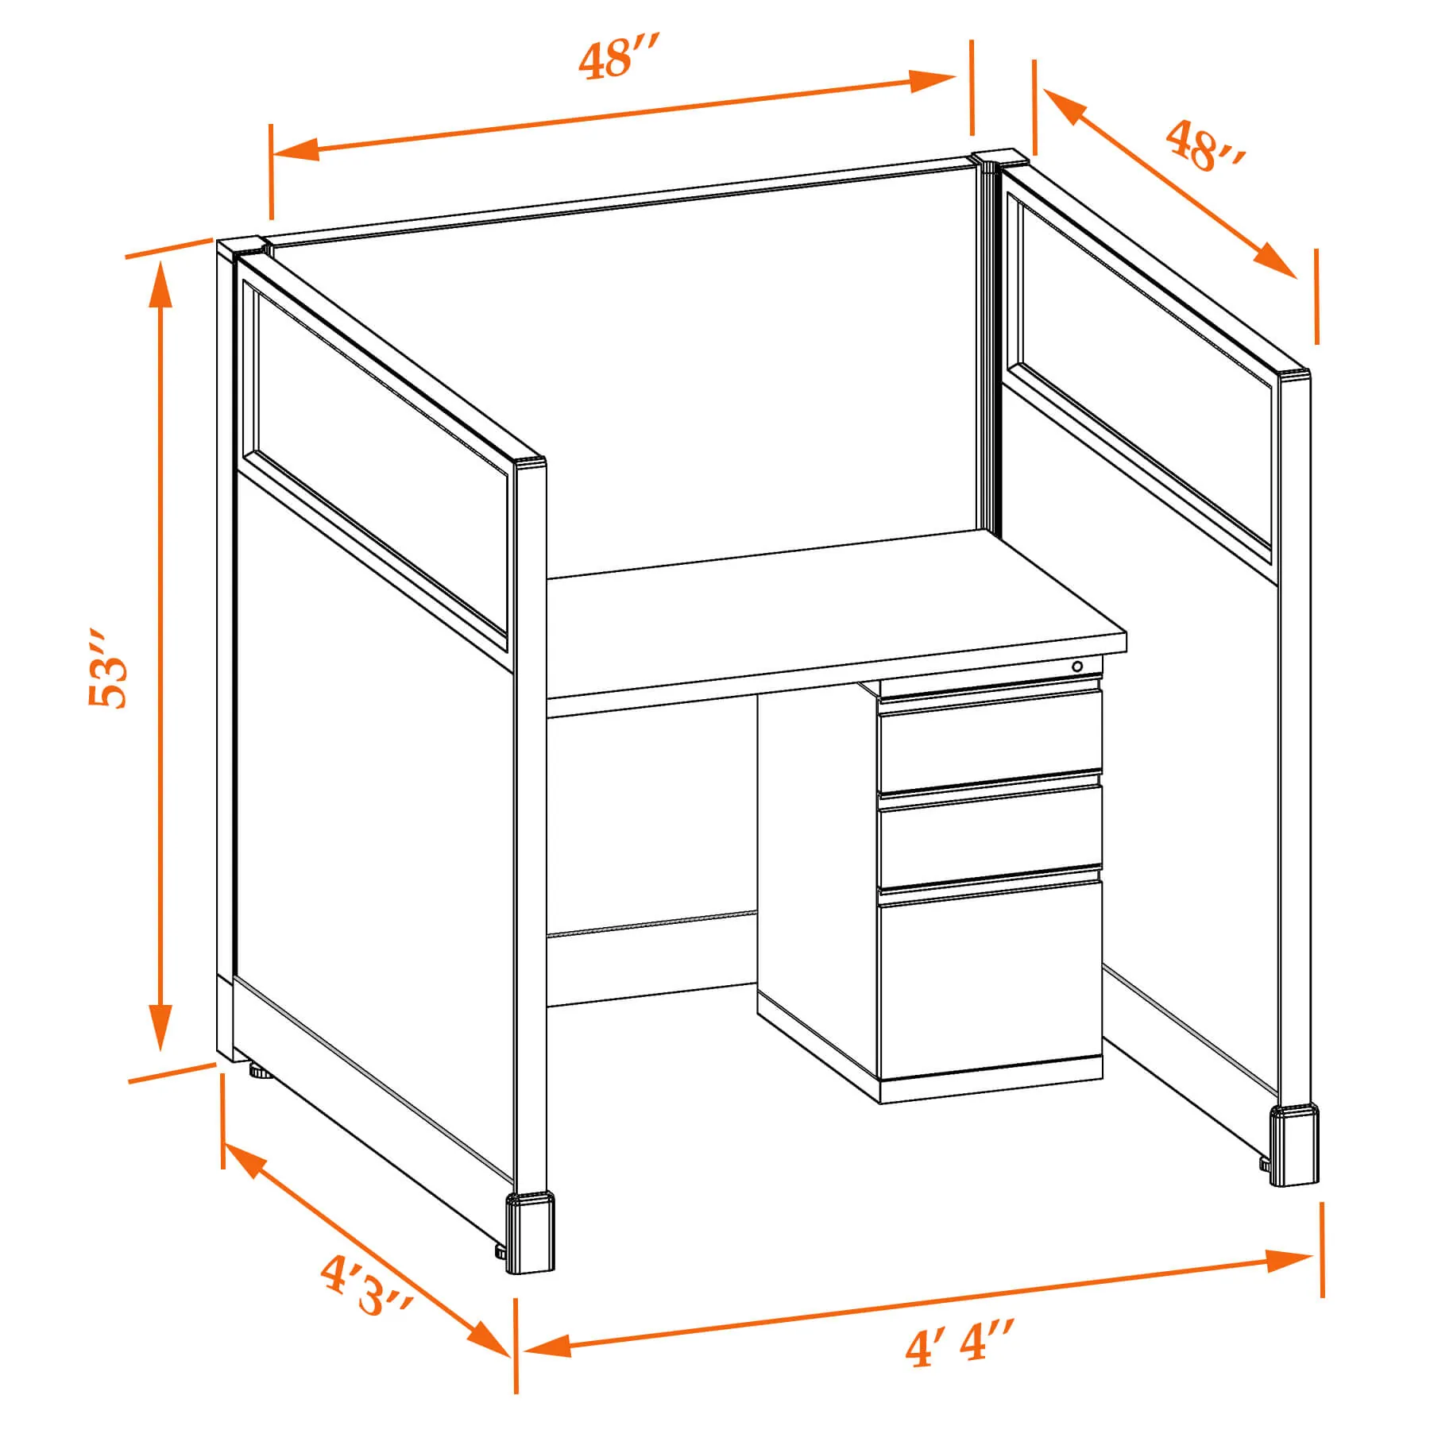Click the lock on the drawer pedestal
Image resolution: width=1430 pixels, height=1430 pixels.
[1077, 667]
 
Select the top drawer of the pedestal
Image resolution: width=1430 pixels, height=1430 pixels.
[990, 740]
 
